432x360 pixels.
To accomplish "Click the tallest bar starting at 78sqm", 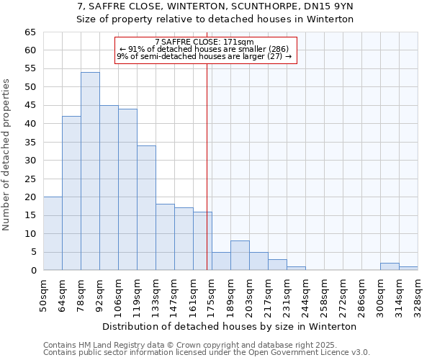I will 90,171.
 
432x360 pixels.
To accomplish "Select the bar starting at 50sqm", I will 53,234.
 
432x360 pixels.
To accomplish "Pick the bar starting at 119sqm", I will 146,208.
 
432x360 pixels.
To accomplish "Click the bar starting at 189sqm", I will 240,256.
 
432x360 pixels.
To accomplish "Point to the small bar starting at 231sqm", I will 296,269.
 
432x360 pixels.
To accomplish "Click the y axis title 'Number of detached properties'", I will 7,155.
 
